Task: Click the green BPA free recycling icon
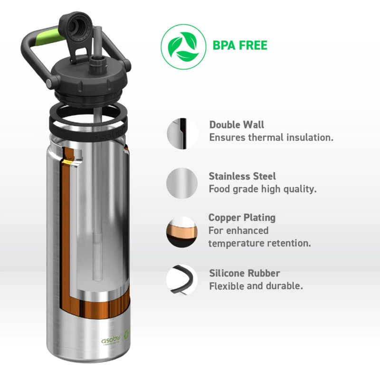tap(180, 46)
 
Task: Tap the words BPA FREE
tap(240, 46)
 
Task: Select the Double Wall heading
tap(237, 125)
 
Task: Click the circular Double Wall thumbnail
tap(182, 133)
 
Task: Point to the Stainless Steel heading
tap(242, 176)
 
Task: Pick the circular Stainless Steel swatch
tap(182, 183)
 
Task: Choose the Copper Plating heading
tap(242, 218)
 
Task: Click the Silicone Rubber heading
tap(244, 273)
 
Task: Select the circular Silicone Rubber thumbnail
tap(182, 280)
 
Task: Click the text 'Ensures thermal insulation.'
tap(271, 137)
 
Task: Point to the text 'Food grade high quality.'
tap(262, 189)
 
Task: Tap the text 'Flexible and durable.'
tap(256, 286)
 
